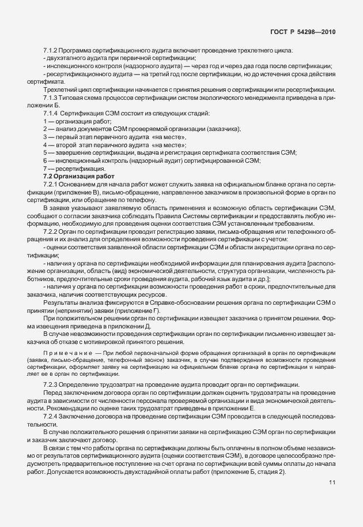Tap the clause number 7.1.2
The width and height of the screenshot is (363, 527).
[52, 51]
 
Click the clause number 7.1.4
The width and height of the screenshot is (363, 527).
[52, 113]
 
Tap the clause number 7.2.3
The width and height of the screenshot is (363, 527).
[52, 384]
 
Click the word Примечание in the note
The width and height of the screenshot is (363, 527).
[63, 353]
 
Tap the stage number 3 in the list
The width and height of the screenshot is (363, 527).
[45, 137]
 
